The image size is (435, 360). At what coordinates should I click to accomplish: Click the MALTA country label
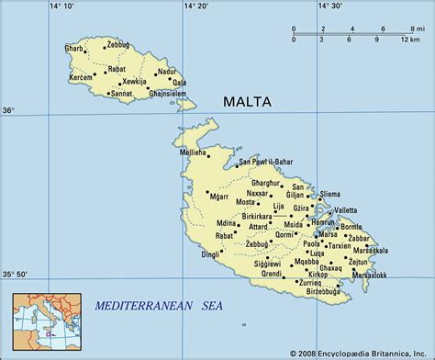(x=247, y=101)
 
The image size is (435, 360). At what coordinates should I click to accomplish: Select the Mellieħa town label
(x=192, y=151)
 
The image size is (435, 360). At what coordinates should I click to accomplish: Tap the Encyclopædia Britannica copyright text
(x=360, y=352)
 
